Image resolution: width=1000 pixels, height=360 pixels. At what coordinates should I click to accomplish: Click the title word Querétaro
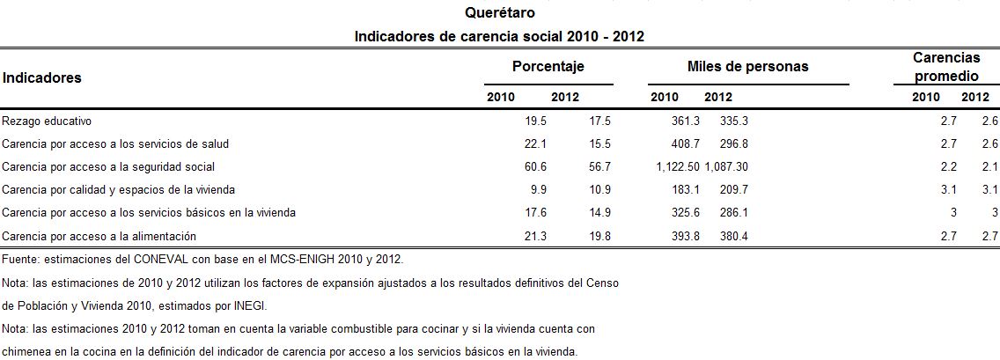[499, 13]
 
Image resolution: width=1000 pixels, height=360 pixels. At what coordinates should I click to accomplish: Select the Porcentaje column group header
[548, 67]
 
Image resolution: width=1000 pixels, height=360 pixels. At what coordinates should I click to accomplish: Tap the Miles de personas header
[747, 67]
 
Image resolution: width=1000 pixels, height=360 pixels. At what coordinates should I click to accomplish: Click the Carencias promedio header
[945, 67]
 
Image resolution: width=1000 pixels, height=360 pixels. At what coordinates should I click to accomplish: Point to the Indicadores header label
[41, 77]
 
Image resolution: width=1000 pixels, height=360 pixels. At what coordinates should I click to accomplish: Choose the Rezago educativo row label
[47, 121]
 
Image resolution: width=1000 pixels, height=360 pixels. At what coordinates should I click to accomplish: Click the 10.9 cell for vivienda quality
[599, 189]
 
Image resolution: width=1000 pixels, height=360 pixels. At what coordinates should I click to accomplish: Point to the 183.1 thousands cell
[684, 189]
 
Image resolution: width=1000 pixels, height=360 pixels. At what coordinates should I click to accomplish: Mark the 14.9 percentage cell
[599, 212]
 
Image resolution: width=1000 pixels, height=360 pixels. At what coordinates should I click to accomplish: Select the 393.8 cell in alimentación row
[684, 235]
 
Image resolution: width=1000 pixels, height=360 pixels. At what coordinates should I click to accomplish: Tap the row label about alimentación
[99, 235]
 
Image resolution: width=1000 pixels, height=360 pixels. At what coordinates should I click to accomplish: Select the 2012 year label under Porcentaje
[564, 97]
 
